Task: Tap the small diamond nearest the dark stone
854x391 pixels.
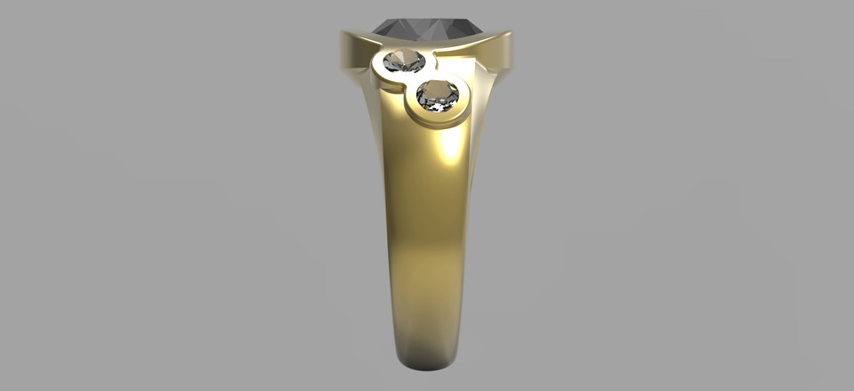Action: pos(404,61)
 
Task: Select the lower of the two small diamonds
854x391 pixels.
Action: pos(438,94)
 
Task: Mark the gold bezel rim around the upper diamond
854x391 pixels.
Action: pos(381,73)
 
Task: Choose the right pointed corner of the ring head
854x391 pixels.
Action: pos(510,36)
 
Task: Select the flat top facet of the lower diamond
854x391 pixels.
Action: pos(438,90)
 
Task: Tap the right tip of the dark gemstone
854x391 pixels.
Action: pos(480,30)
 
